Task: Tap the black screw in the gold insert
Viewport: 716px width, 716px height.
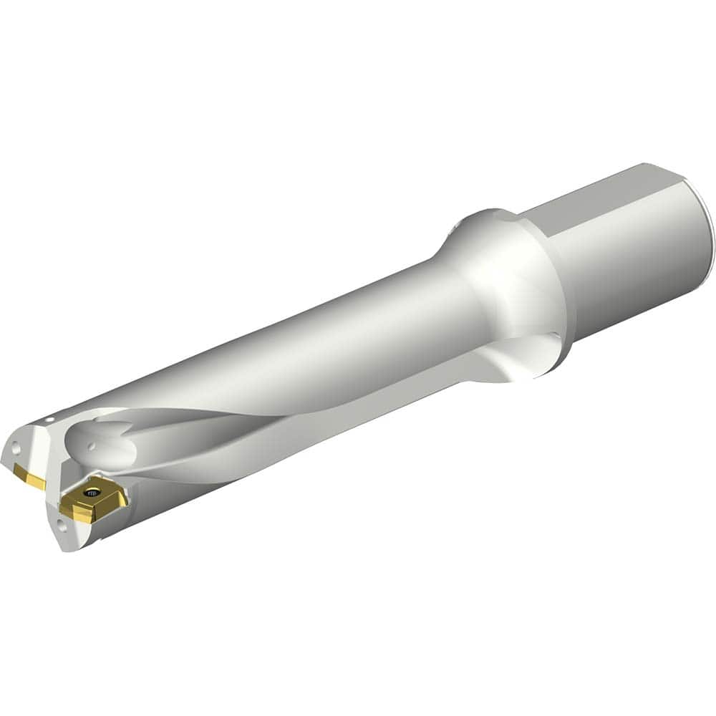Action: (91, 493)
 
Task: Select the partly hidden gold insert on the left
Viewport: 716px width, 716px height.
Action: (29, 476)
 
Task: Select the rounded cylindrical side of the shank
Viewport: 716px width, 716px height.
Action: (630, 272)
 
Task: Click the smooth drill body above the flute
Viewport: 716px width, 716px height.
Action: (286, 337)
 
